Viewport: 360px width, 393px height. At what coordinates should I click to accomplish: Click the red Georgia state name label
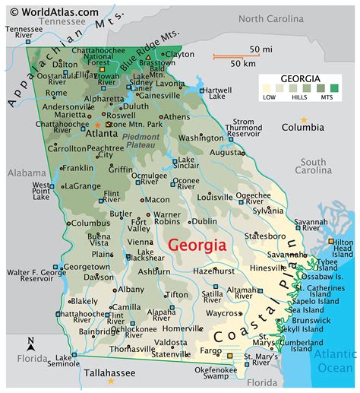(x=196, y=245)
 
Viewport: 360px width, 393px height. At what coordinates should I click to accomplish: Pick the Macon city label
(x=157, y=200)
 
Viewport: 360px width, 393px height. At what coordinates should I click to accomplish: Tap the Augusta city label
(x=227, y=152)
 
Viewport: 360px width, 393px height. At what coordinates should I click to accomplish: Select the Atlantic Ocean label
(x=335, y=361)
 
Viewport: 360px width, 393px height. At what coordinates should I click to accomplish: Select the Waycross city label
(x=223, y=312)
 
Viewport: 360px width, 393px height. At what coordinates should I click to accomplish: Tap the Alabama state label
(x=27, y=173)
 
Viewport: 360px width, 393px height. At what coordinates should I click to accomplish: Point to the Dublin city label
(x=205, y=221)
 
